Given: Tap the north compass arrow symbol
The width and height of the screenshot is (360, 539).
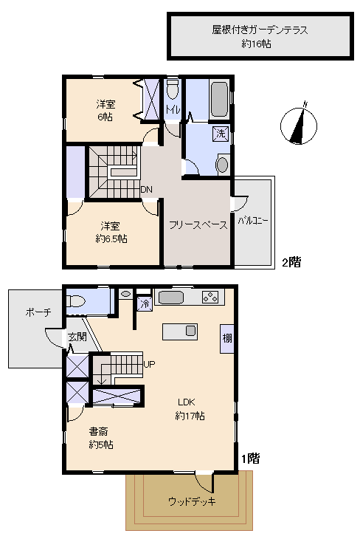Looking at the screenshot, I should (299, 124).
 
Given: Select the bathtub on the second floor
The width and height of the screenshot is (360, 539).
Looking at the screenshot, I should (218, 100).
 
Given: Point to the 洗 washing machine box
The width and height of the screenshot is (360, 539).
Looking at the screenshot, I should (221, 134).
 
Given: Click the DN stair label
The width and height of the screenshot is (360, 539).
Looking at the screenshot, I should (147, 190).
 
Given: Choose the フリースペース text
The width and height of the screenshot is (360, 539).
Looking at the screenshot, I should (197, 225).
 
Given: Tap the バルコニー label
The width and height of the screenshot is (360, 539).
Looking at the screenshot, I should (254, 220).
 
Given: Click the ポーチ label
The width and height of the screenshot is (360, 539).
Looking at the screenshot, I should (38, 312).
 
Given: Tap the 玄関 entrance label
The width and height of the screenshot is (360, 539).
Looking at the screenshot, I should (77, 337).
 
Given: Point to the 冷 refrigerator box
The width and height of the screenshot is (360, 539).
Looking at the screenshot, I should (145, 303).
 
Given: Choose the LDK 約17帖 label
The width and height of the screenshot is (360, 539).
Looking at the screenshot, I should (190, 409).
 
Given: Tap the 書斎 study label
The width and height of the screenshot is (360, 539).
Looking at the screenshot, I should (101, 438).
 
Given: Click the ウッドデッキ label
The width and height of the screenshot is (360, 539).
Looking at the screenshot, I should (192, 502).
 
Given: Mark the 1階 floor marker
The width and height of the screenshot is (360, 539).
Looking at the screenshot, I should (250, 459).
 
